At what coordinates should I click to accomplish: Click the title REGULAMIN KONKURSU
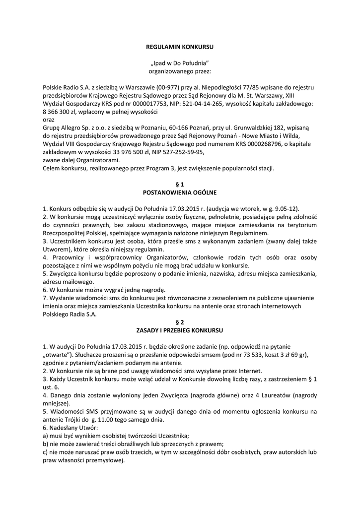point(179,47)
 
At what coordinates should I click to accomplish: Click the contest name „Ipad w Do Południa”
point(179,63)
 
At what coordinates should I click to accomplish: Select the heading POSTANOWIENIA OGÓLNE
point(179,192)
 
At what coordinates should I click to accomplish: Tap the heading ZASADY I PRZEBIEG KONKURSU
point(179,330)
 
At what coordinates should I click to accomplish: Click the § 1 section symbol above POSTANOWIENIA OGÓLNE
point(179,184)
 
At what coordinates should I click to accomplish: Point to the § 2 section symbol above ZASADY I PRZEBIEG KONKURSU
point(179,322)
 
